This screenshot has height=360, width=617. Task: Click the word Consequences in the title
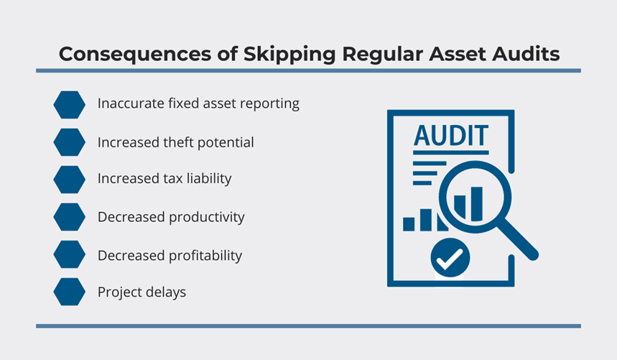pos(134,54)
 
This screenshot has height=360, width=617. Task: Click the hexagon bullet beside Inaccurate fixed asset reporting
pos(69,105)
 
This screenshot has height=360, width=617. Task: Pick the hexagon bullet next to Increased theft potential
pos(69,142)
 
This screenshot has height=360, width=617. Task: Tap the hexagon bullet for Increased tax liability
pos(69,180)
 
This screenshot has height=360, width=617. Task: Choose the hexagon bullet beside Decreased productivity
pos(69,217)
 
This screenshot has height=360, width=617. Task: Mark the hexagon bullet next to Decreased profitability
pos(69,254)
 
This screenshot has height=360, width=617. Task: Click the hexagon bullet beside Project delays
pos(69,292)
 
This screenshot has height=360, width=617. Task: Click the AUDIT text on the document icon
pos(451,136)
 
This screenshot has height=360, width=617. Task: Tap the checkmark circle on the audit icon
pos(450,258)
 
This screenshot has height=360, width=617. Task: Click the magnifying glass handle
pos(518,239)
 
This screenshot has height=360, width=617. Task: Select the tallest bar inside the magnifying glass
pos(477,204)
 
